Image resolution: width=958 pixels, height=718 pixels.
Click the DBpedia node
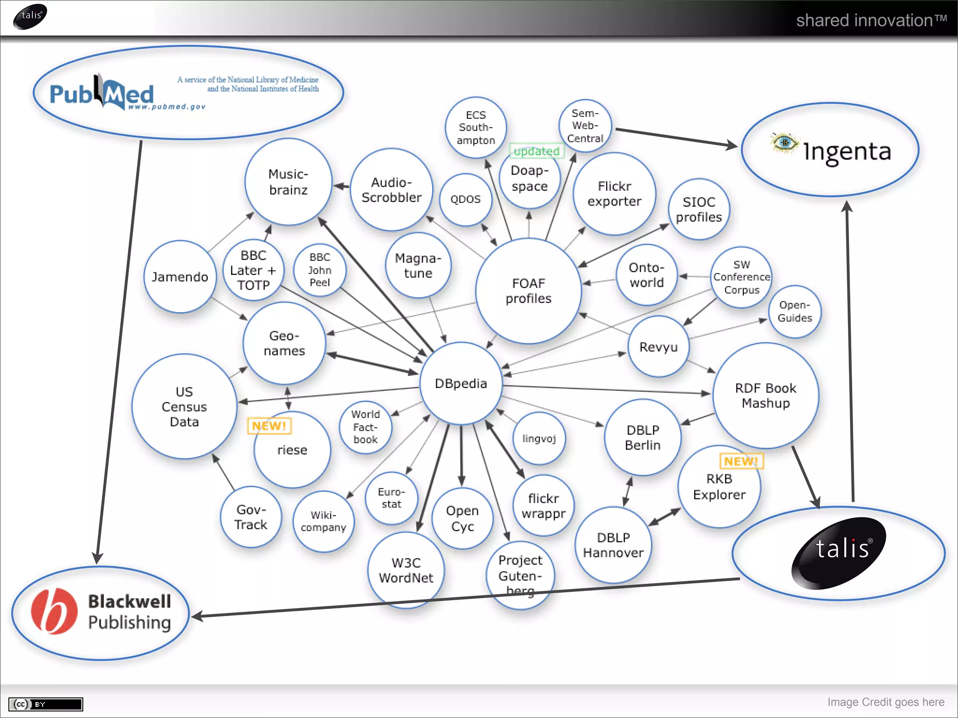[461, 383]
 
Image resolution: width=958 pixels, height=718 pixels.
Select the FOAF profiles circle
[529, 291]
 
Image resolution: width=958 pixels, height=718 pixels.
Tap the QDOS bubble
[465, 199]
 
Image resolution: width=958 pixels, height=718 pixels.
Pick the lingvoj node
[539, 438]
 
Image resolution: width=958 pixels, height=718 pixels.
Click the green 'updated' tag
[537, 151]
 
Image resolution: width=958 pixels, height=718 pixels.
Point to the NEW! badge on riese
[269, 426]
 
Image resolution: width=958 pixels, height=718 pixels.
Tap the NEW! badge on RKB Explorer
[741, 461]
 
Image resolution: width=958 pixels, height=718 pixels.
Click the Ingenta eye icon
[784, 142]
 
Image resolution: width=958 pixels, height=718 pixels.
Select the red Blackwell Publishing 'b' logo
[54, 611]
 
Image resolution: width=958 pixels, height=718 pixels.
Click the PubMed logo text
[102, 93]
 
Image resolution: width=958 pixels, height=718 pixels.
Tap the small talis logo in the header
[30, 16]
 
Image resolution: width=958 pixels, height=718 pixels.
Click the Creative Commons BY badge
[45, 704]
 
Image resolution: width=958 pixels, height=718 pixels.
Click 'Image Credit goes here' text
[885, 702]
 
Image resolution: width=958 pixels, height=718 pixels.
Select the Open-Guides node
[795, 311]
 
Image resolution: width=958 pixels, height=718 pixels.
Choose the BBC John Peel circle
[320, 270]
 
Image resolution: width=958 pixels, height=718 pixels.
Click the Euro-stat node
[391, 498]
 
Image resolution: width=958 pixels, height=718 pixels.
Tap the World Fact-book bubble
[365, 427]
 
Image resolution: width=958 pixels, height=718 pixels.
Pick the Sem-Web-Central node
[585, 126]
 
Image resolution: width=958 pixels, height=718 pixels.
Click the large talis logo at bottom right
[839, 553]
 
